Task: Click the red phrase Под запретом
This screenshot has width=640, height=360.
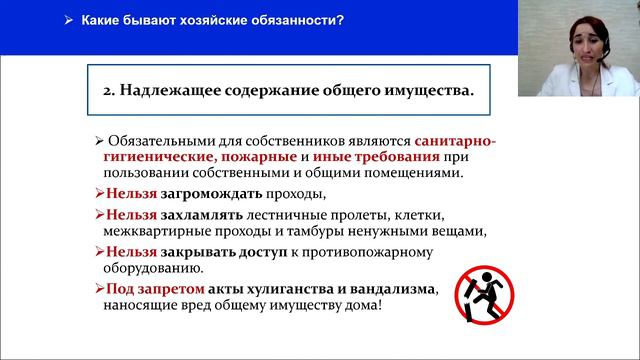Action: click(144, 289)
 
